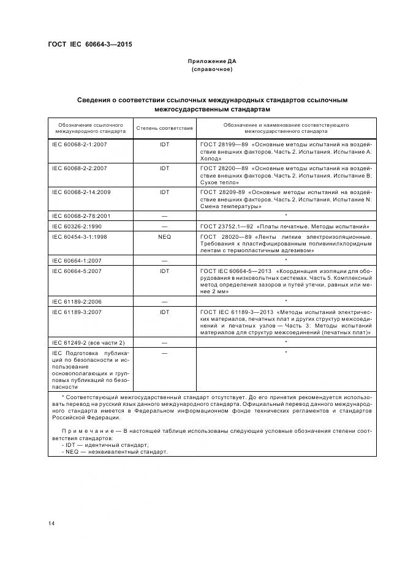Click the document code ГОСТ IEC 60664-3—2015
pos(89,45)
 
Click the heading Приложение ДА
pos(212,61)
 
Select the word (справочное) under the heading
pos(212,69)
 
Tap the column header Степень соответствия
pos(164,129)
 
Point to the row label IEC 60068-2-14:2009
pos(81,192)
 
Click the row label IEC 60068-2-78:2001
pos(81,216)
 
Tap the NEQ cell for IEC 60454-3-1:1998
pos(164,236)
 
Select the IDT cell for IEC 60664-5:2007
pos(164,271)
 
